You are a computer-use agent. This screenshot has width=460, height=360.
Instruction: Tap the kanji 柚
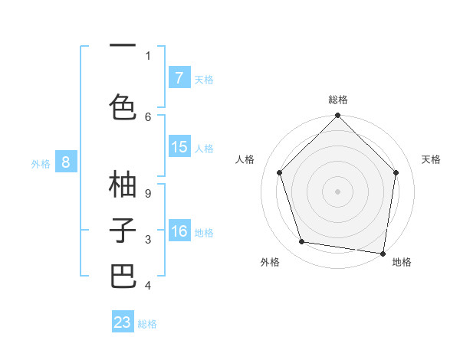point(123,185)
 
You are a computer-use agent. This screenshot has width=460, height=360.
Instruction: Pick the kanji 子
point(123,230)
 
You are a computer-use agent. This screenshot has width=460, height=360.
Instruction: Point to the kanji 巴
point(123,276)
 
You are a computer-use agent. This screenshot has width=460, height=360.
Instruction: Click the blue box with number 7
point(179,78)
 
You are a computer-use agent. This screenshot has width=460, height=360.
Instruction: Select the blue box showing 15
point(179,147)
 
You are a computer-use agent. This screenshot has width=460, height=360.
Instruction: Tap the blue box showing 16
point(179,231)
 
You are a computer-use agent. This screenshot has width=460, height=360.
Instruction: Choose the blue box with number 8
point(66,162)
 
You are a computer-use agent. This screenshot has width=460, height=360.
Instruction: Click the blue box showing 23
point(123,322)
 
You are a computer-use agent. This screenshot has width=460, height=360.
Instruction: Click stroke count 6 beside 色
point(148,116)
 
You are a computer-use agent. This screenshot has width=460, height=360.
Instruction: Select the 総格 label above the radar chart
point(338,100)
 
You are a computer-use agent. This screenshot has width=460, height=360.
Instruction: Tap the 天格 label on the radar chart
point(432,159)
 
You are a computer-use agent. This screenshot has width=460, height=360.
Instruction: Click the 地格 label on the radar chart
point(402,263)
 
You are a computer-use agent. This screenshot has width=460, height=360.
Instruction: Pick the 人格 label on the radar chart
point(245,159)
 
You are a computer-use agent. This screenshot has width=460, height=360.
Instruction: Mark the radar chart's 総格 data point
point(337,116)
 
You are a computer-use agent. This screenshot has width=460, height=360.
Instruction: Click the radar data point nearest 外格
point(302,242)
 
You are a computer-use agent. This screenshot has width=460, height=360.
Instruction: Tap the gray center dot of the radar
point(337,191)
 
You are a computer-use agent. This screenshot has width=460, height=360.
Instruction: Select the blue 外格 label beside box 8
point(41,162)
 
